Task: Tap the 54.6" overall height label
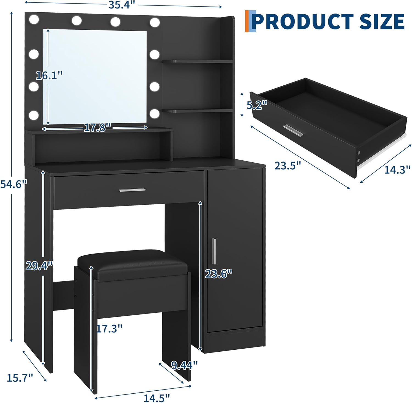[14, 184]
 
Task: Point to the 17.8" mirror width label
[98, 127]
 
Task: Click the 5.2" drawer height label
[257, 105]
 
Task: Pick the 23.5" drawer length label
[288, 166]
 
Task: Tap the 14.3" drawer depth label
[397, 169]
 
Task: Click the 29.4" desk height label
[39, 266]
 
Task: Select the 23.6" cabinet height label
[219, 273]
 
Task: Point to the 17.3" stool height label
[109, 328]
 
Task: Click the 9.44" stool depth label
[184, 365]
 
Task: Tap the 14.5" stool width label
[157, 398]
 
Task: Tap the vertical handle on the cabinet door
[214, 251]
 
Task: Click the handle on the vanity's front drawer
[132, 190]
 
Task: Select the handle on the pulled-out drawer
[294, 130]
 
